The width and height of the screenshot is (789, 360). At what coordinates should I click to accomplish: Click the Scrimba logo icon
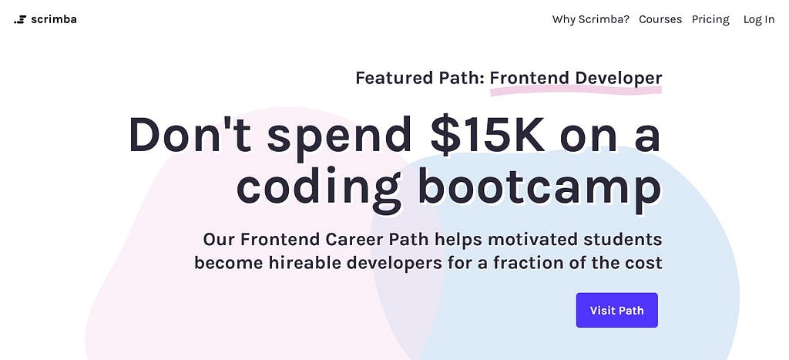click(19, 19)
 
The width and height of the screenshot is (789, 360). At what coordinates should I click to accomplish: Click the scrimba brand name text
click(54, 19)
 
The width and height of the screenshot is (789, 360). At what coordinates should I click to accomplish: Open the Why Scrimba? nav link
click(591, 19)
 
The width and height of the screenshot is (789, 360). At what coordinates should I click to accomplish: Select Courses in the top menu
click(660, 19)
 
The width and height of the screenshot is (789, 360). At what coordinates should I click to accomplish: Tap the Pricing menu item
click(710, 19)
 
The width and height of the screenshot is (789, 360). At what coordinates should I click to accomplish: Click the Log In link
click(759, 19)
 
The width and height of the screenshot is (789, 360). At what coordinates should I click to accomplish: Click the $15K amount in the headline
click(488, 135)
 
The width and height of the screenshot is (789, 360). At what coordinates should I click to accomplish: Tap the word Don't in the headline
click(190, 134)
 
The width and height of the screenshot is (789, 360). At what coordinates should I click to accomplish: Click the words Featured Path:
click(420, 78)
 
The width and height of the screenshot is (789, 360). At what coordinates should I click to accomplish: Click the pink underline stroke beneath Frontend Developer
click(576, 91)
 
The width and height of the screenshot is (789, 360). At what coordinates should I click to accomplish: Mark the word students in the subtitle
click(623, 239)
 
